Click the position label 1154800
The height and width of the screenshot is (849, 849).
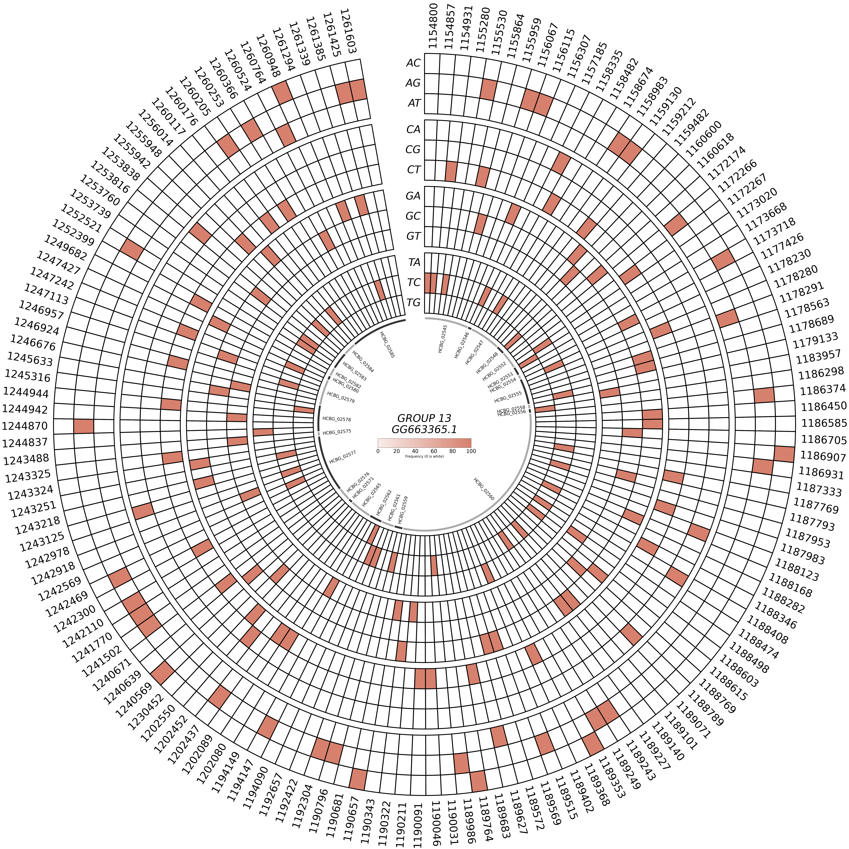pos(433,26)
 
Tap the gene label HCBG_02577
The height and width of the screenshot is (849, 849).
pos(342,457)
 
